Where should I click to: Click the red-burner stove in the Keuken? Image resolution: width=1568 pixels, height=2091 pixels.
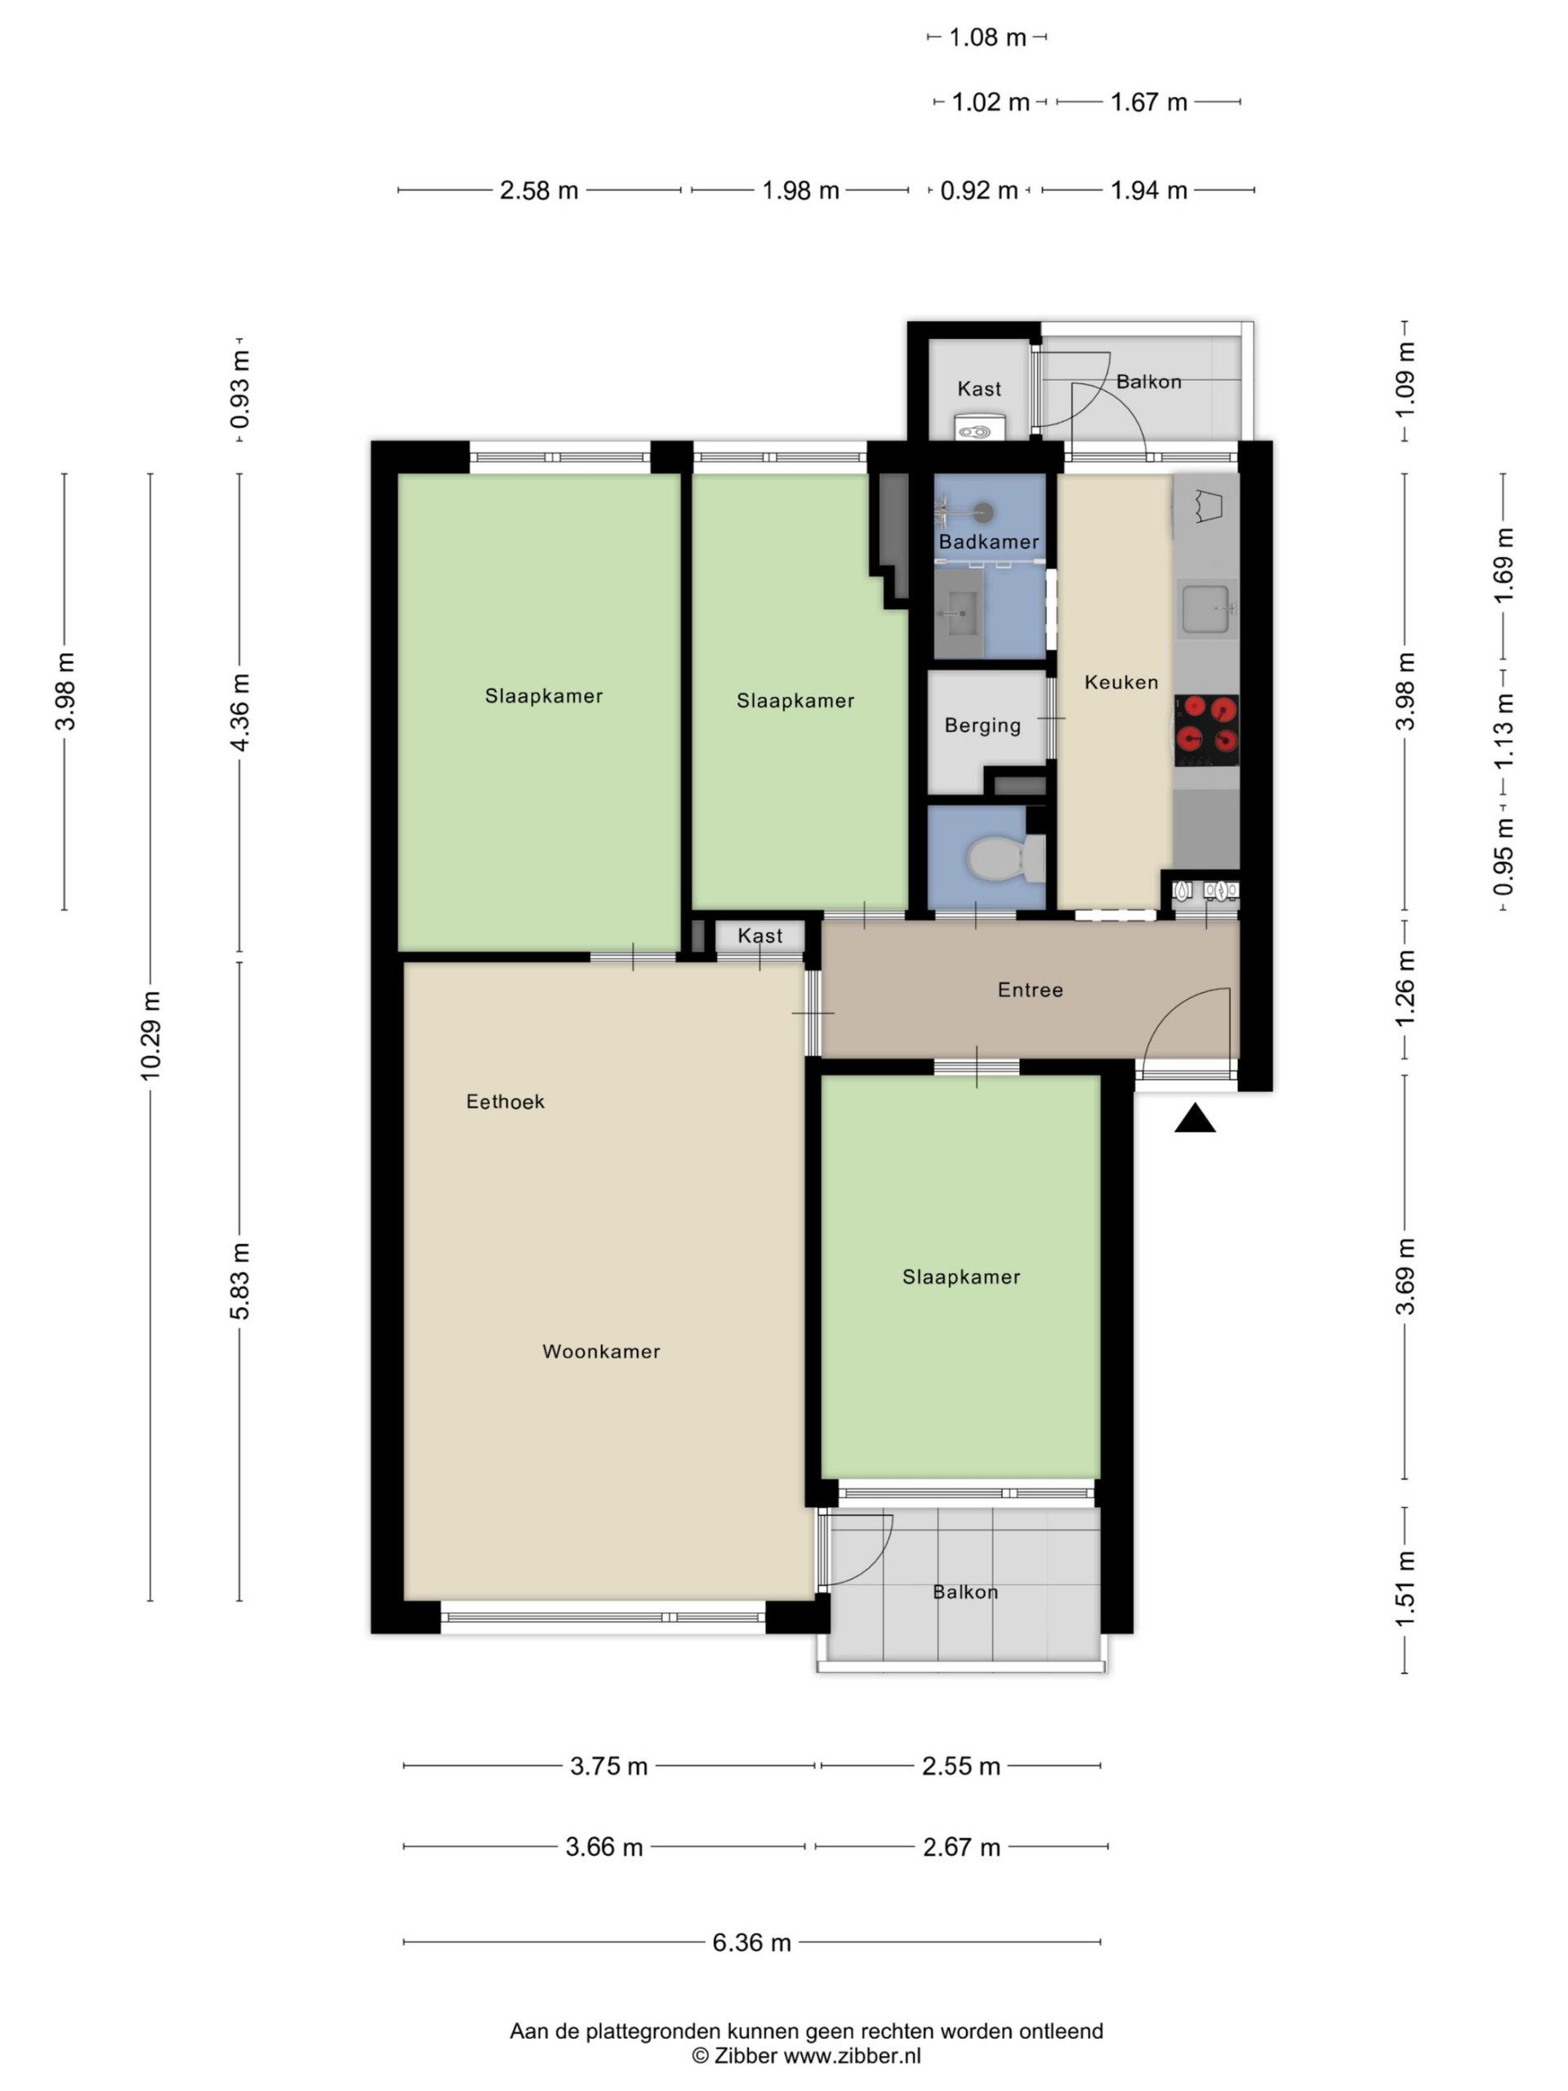1206,729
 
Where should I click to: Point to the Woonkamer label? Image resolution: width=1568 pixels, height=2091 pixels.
601,1352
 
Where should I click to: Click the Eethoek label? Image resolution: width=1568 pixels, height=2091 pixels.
506,1101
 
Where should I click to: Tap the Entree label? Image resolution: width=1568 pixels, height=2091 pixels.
1030,990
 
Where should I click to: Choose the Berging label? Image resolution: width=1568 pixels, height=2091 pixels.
983,726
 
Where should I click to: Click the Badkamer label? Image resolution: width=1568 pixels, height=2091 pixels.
989,542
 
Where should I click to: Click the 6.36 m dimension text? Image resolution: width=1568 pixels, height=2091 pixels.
751,1942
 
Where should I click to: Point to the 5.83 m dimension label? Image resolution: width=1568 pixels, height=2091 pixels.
239,1282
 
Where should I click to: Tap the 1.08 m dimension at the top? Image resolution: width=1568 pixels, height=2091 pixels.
987,38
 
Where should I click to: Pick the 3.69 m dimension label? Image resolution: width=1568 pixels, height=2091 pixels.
1405,1276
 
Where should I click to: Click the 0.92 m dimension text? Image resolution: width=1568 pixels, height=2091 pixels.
978,191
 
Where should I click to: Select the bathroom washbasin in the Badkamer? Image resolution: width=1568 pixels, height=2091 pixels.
960,613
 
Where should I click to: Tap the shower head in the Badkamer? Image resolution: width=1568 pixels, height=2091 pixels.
984,512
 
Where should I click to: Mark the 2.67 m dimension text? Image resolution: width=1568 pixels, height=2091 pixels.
961,1846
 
